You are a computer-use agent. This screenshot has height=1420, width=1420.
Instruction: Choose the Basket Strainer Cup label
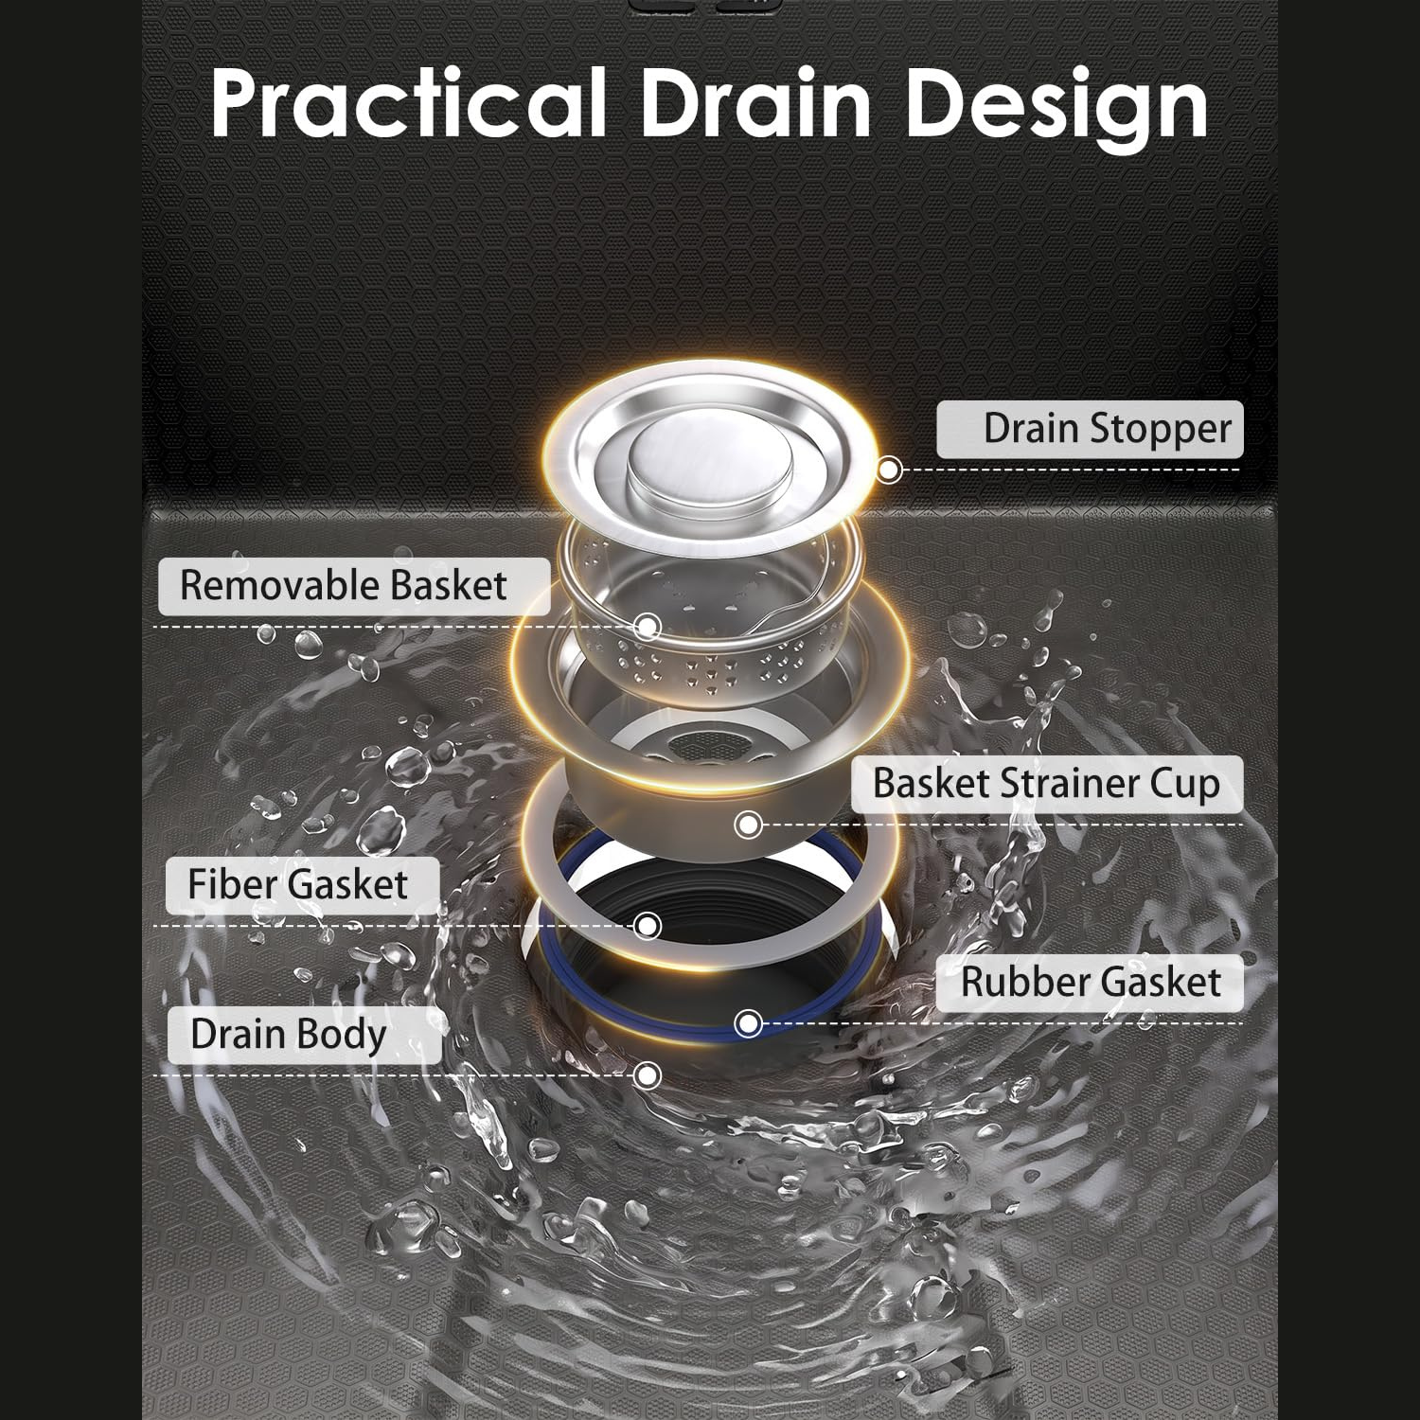1046,785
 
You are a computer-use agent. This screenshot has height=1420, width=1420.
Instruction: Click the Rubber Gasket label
1091,982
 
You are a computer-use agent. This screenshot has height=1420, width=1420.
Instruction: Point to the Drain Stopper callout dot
889,470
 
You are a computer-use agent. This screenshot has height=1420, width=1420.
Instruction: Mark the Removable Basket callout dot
648,626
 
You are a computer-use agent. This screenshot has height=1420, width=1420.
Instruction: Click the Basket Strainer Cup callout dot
748,825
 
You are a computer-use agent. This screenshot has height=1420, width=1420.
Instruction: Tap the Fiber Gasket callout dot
648,925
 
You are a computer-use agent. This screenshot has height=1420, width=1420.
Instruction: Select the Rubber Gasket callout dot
748,1023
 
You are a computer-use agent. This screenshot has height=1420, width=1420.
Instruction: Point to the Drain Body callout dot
648,1074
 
